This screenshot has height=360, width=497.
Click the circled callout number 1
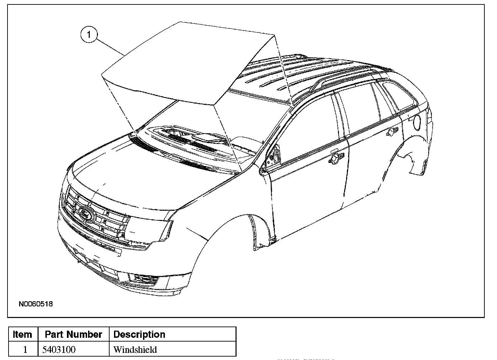pyautogui.click(x=89, y=35)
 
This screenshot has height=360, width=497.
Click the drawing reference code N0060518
pyautogui.click(x=36, y=304)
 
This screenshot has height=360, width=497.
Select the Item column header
pyautogui.click(x=23, y=334)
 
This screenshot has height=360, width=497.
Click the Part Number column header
pyautogui.click(x=73, y=334)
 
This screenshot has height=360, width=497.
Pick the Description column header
pyautogui.click(x=139, y=334)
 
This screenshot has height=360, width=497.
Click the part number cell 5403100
pyautogui.click(x=59, y=350)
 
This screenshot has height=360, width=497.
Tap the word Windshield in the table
pyautogui.click(x=135, y=350)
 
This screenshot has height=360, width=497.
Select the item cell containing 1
pyautogui.click(x=25, y=350)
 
